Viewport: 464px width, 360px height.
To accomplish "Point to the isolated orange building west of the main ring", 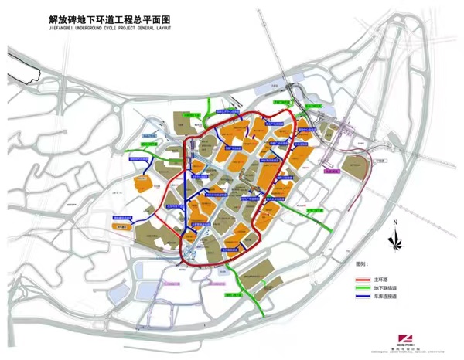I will [142, 183].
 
